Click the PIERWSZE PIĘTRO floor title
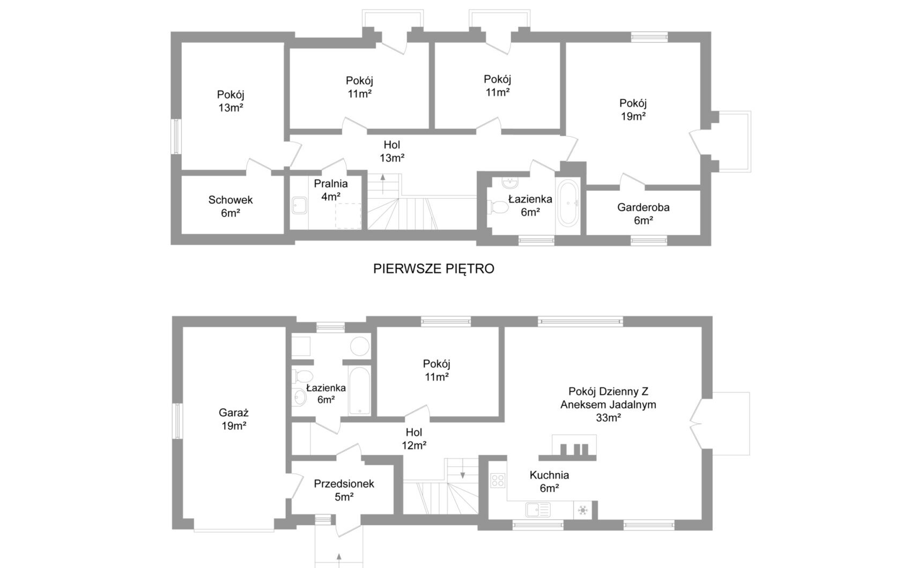(433, 269)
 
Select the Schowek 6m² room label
(231, 206)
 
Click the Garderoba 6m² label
(643, 213)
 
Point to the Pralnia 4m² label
(330, 190)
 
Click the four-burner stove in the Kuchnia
(498, 480)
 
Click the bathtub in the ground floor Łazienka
(359, 391)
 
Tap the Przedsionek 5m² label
(344, 490)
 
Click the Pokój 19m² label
(633, 109)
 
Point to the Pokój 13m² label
(231, 101)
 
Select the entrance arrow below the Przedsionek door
(338, 558)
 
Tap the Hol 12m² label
(414, 438)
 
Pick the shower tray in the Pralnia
(299, 205)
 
